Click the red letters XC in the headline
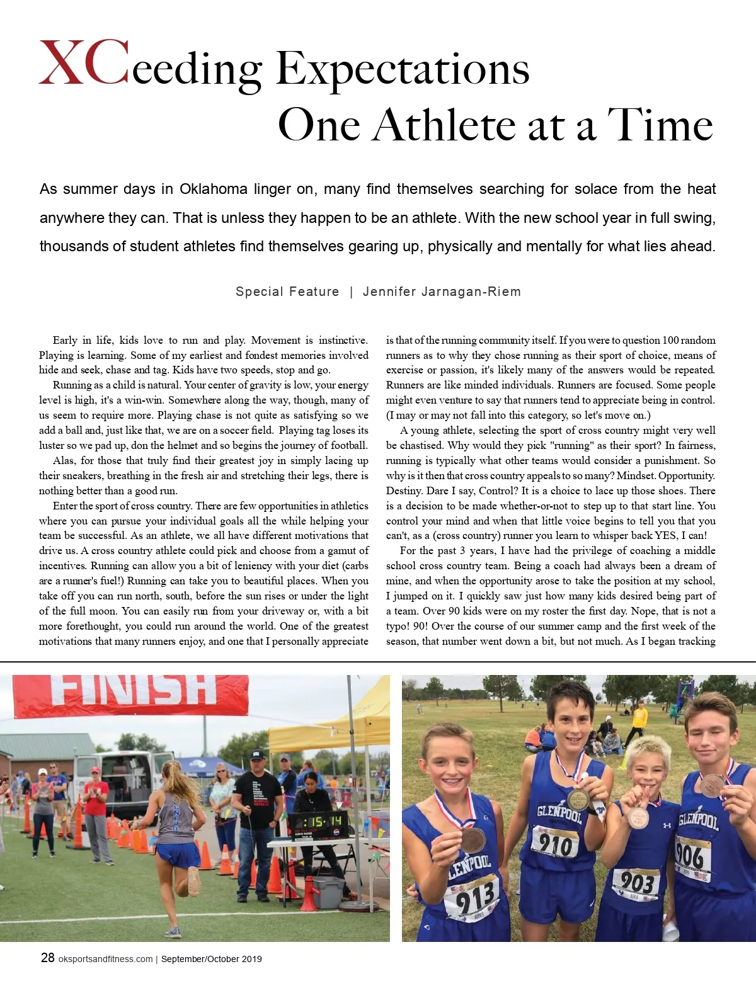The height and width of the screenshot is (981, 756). pyautogui.click(x=84, y=63)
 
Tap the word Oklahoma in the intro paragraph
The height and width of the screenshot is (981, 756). pyautogui.click(x=213, y=189)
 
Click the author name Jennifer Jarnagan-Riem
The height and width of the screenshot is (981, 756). pyautogui.click(x=442, y=292)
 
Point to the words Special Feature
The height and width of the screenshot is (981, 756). pyautogui.click(x=287, y=292)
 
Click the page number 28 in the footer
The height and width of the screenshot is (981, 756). pyautogui.click(x=47, y=958)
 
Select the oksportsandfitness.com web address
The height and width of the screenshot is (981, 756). pyautogui.click(x=105, y=959)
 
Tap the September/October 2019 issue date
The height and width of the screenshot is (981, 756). pyautogui.click(x=211, y=959)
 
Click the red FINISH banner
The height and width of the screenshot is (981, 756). pyautogui.click(x=131, y=694)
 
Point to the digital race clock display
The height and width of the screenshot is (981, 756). pyautogui.click(x=318, y=822)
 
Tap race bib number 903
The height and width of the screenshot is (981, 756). pyautogui.click(x=636, y=882)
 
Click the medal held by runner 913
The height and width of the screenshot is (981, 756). pyautogui.click(x=472, y=839)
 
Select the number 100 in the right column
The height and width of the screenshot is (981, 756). pyautogui.click(x=670, y=340)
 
